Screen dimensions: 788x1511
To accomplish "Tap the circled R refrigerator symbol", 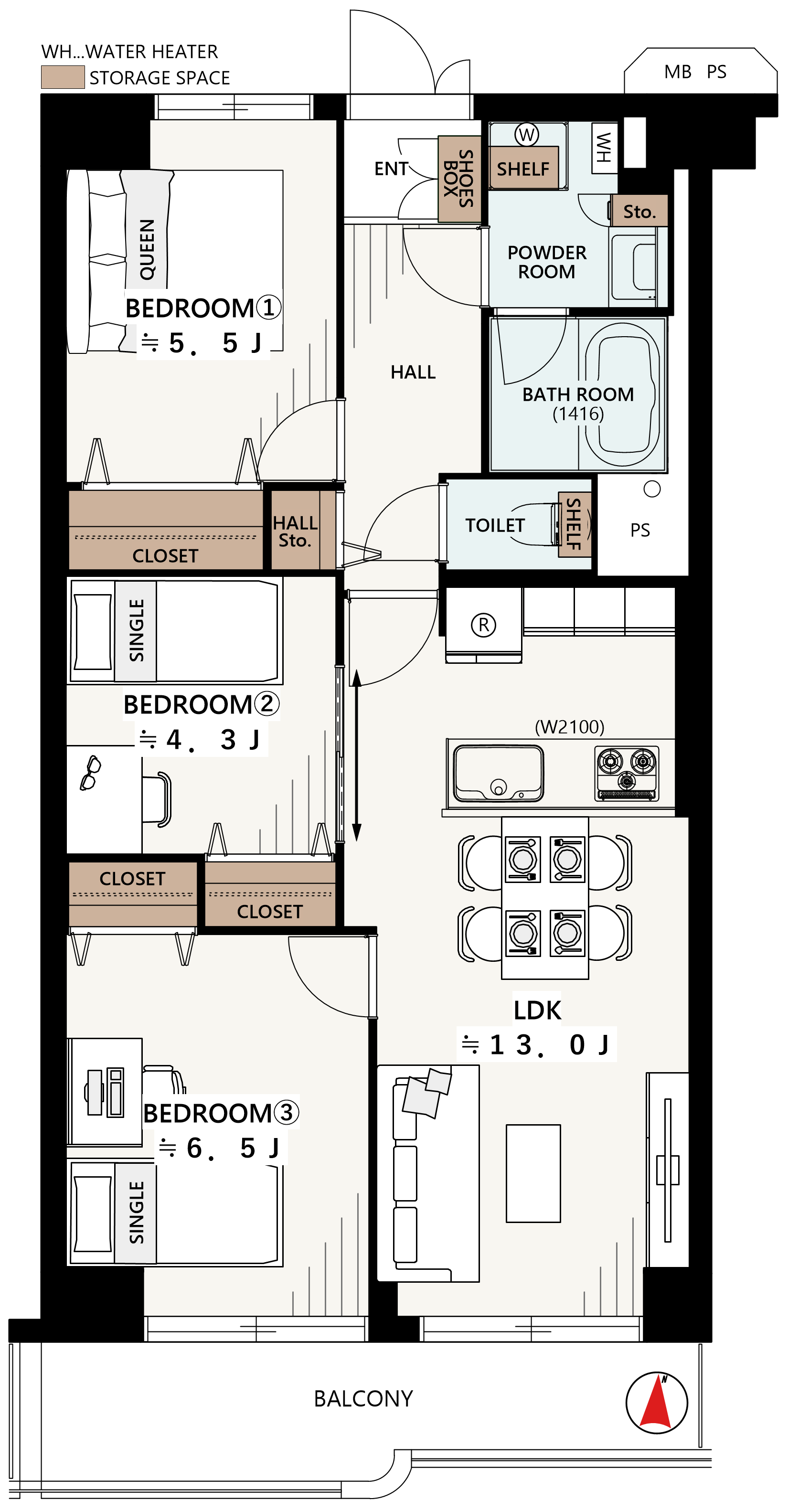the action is pyautogui.click(x=483, y=625).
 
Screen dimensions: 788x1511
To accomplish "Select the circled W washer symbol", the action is pyautogui.click(x=526, y=134).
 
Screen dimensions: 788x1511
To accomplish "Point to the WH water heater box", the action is pyautogui.click(x=604, y=148).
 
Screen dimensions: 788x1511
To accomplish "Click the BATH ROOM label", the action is pyautogui.click(x=578, y=394).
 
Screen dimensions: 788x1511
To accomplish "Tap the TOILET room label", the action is pyautogui.click(x=495, y=525).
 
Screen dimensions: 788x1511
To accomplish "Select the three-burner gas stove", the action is pyautogui.click(x=627, y=773).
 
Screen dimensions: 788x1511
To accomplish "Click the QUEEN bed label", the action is pyautogui.click(x=147, y=249).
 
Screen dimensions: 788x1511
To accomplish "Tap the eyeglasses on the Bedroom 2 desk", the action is pyautogui.click(x=90, y=773).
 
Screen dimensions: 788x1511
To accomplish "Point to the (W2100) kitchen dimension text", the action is pyautogui.click(x=569, y=727).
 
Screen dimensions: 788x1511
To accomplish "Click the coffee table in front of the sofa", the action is pyautogui.click(x=533, y=1173).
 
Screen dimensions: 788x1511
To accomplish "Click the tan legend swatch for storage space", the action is pyautogui.click(x=63, y=77).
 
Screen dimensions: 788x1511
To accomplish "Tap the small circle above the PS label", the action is pyautogui.click(x=652, y=489).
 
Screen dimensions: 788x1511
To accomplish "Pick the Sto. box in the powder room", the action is pyautogui.click(x=639, y=211).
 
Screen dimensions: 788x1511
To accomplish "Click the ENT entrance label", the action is pyautogui.click(x=391, y=169).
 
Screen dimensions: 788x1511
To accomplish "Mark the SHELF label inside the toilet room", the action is pyautogui.click(x=573, y=524).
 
